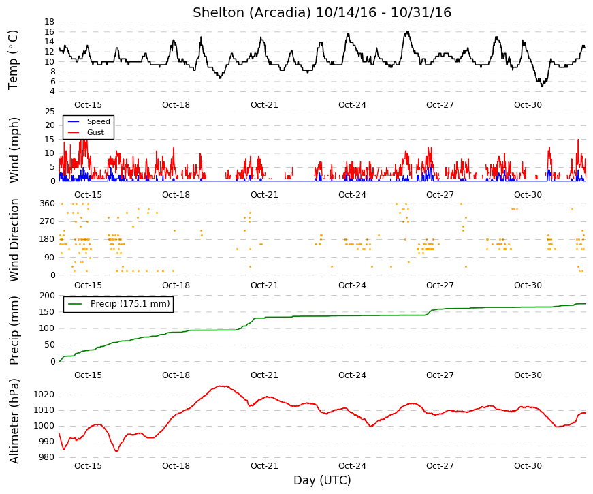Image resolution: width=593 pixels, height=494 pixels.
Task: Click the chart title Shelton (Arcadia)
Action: coord(253,13)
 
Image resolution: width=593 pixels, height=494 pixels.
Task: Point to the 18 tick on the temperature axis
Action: coord(50,22)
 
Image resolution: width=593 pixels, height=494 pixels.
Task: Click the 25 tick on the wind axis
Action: coord(50,112)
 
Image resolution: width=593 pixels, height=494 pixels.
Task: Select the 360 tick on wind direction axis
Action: coord(47,204)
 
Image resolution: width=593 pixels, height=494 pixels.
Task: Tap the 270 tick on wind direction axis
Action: coord(47,221)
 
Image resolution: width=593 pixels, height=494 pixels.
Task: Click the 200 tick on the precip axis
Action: coord(47,295)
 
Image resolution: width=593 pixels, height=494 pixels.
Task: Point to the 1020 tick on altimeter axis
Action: coord(44,395)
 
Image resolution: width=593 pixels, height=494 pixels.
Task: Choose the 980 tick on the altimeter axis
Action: coord(46,457)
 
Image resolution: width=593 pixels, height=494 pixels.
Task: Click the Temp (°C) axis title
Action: coord(13,60)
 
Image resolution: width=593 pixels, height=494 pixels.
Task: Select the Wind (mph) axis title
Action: coord(14,151)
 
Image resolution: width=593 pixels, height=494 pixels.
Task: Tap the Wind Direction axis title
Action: coord(14,240)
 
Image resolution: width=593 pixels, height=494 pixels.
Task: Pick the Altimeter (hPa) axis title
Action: coord(14,421)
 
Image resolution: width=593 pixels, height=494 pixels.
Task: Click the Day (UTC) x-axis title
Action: coord(322,480)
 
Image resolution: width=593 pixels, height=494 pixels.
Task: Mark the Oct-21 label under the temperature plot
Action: coord(264,105)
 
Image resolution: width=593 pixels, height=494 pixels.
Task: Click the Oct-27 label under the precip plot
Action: coord(440,375)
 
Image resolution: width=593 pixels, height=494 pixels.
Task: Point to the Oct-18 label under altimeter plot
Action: coord(176,465)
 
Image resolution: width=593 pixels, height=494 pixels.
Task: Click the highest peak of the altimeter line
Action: coord(223,386)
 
